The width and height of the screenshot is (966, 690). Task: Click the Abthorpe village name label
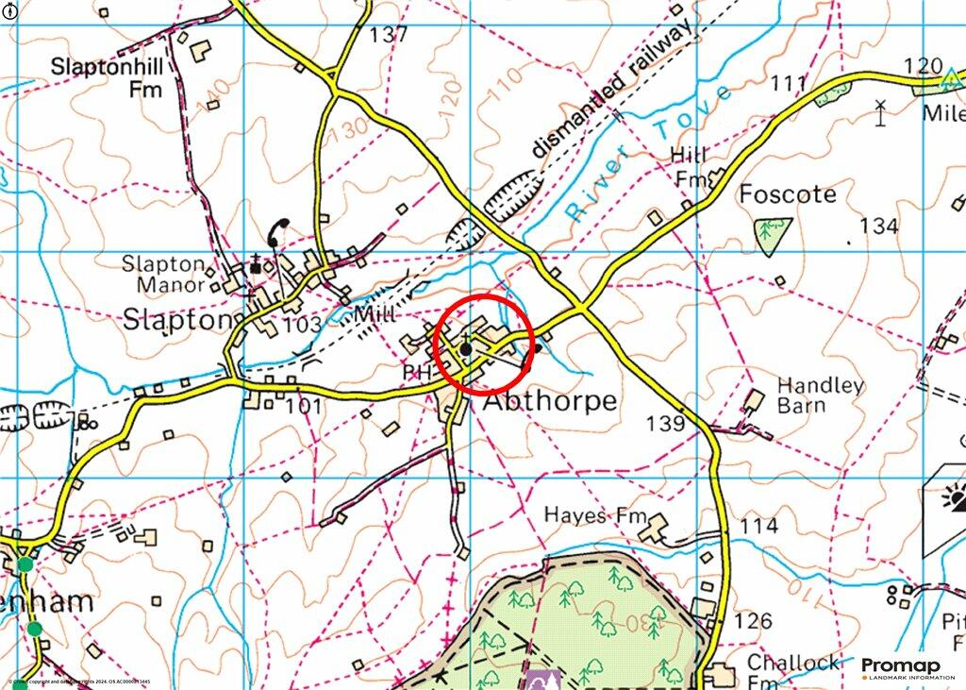pyautogui.click(x=551, y=401)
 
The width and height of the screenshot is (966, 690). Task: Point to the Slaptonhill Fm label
pyautogui.click(x=106, y=78)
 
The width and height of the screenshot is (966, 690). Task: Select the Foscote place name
pyautogui.click(x=787, y=195)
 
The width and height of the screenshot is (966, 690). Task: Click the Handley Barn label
pyautogui.click(x=820, y=395)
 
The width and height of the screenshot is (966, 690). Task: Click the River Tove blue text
pyautogui.click(x=650, y=152)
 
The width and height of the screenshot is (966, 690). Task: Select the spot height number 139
pyautogui.click(x=665, y=424)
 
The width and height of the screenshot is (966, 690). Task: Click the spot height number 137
pyautogui.click(x=389, y=35)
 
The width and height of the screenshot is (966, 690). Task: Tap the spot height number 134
pyautogui.click(x=879, y=227)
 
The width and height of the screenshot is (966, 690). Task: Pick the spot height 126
pyautogui.click(x=752, y=621)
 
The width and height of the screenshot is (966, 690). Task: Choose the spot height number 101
pyautogui.click(x=304, y=407)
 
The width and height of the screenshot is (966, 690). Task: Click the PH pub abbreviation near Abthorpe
pyautogui.click(x=416, y=373)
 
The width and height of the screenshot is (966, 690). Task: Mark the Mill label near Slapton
pyautogui.click(x=376, y=314)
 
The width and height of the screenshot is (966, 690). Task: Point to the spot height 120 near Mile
pyautogui.click(x=923, y=66)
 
